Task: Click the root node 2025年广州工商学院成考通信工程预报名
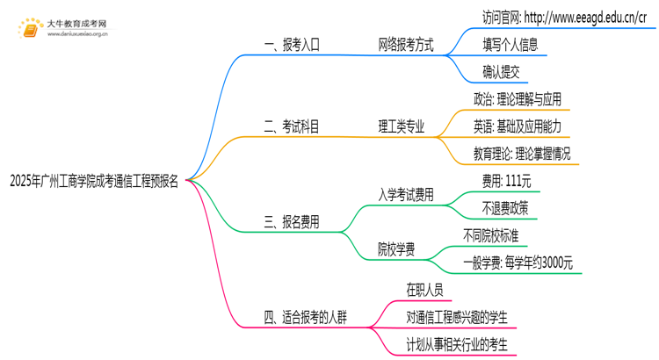point(94,182)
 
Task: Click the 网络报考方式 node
point(405,45)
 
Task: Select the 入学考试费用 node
point(406,195)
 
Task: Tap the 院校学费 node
point(396,248)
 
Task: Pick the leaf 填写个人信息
point(510,44)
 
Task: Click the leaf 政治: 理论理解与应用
point(517,99)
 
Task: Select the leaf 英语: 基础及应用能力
point(517,126)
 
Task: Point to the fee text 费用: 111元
point(506,181)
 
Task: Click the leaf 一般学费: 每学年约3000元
point(518,263)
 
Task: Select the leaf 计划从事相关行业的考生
point(457,344)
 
